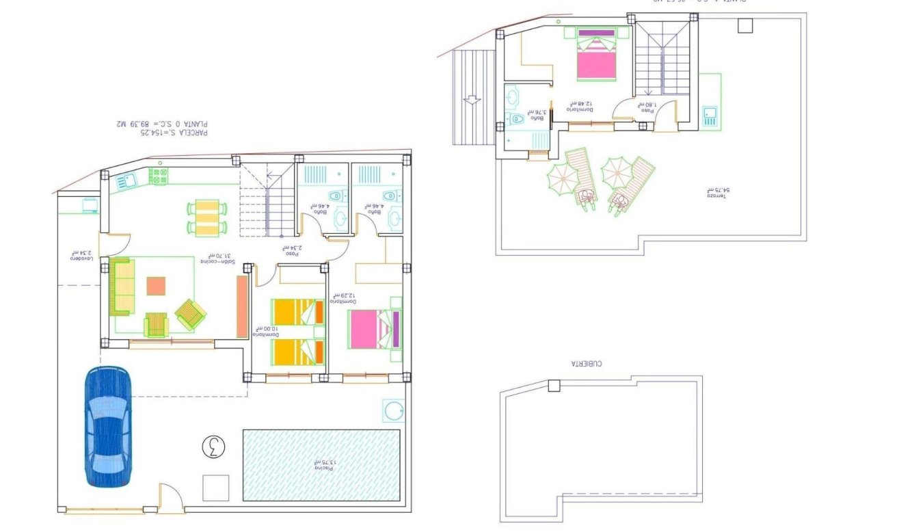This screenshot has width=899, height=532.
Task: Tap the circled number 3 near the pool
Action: tap(213, 447)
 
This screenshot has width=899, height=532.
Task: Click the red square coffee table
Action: tap(156, 286)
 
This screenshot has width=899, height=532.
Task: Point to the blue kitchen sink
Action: tap(127, 181)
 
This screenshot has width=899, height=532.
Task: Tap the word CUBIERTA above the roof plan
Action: tap(587, 364)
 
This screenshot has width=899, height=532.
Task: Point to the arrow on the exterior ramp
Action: tap(471, 100)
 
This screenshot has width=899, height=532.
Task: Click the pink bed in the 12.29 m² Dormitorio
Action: tap(373, 329)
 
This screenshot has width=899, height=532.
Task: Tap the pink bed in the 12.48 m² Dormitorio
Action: tap(596, 55)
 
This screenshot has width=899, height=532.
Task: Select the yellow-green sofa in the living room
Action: tap(122, 286)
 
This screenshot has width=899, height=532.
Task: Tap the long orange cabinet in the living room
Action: tap(242, 306)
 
